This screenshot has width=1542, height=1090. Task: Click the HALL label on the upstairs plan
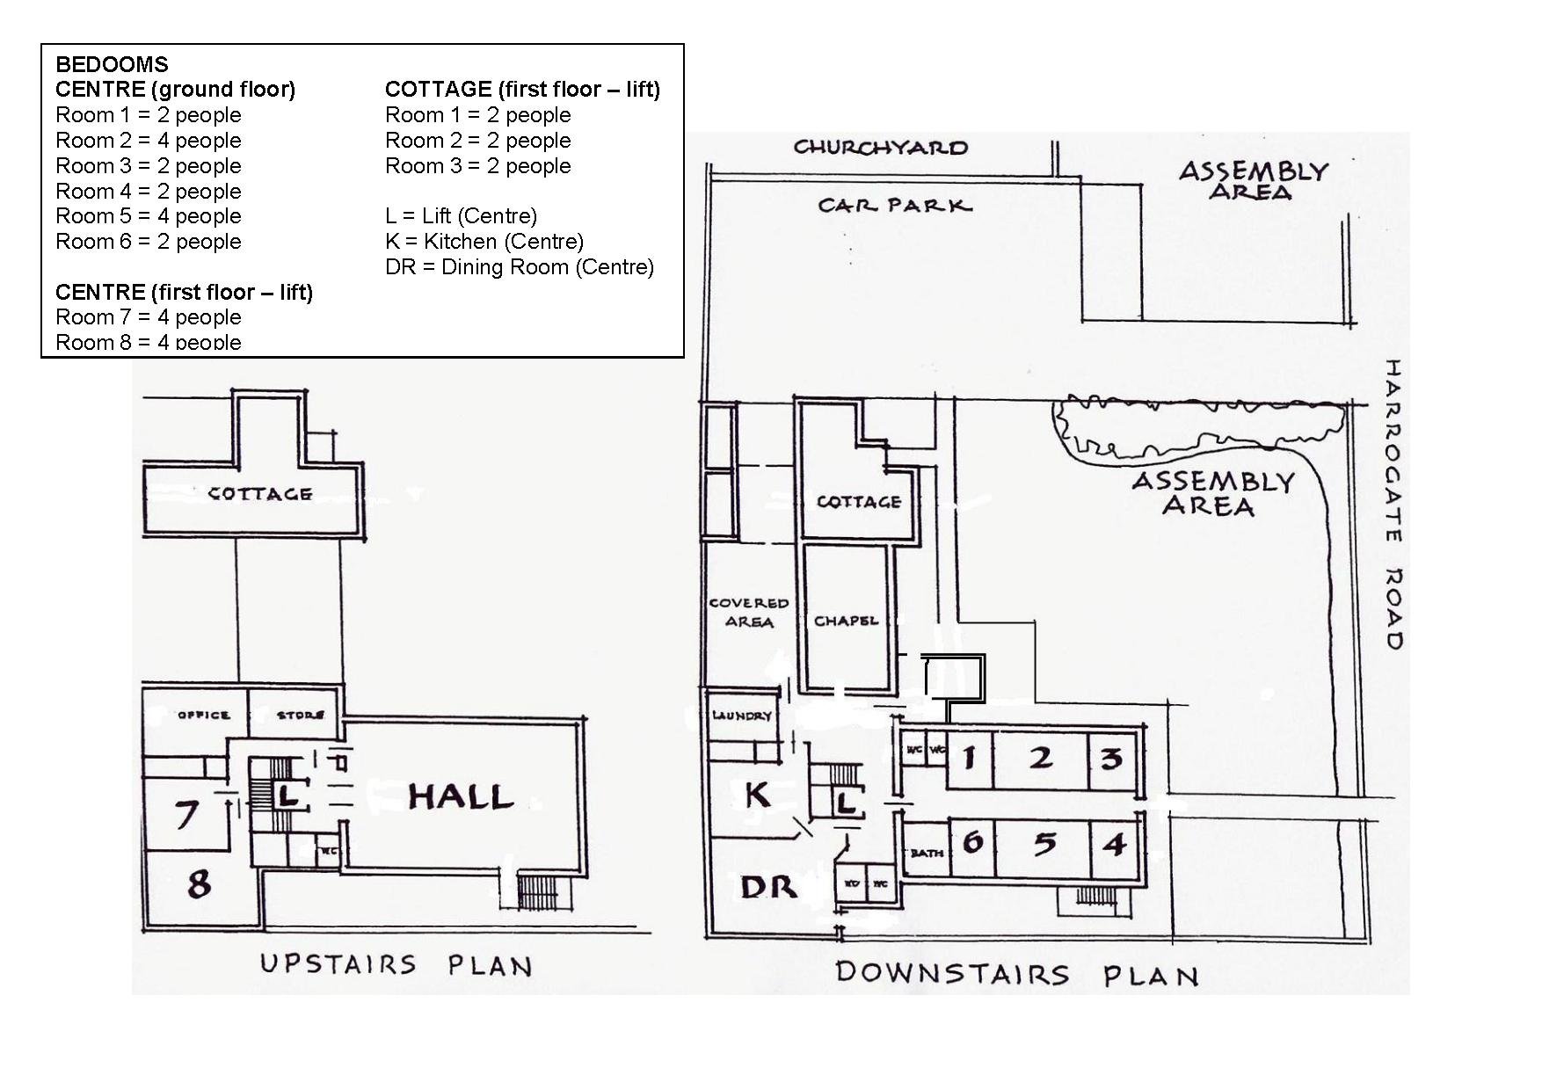coord(460,796)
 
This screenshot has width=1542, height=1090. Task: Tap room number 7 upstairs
coord(185,814)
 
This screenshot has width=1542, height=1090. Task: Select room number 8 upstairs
coord(200,883)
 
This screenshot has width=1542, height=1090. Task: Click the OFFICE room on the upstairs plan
coord(203,715)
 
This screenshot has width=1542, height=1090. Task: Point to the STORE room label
coord(301,715)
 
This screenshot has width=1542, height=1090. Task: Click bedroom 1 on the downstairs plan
coord(969,757)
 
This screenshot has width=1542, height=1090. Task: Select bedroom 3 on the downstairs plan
coord(1112,758)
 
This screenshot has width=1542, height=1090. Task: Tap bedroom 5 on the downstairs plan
coord(1044,844)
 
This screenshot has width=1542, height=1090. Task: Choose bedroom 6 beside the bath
coord(972,842)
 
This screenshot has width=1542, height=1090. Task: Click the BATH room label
coord(927,852)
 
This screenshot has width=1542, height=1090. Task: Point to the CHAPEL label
coord(846,621)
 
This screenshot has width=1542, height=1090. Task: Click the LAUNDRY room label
coord(741,716)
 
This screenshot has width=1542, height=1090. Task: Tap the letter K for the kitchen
coord(757,795)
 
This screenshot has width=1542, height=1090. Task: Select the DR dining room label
coord(768,887)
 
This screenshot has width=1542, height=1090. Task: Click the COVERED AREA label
coord(748,613)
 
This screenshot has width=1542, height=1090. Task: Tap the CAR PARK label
coord(894,206)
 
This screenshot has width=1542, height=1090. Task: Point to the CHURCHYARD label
coord(880,148)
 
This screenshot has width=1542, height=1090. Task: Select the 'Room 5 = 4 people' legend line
coord(148,216)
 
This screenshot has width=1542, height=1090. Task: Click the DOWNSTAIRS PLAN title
coord(1016,974)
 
